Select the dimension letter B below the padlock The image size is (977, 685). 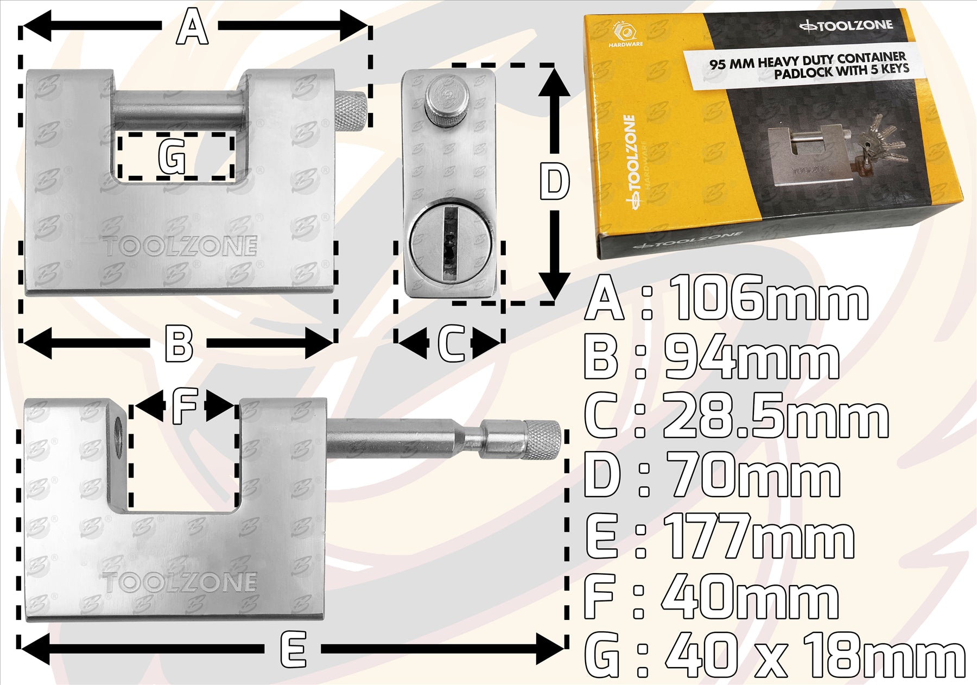coord(179,343)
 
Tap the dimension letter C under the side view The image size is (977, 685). coord(451,343)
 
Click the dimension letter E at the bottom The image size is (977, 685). coord(293,649)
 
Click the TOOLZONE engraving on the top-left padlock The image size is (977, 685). coord(180,245)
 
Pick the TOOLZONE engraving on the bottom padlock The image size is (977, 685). coord(180,582)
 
